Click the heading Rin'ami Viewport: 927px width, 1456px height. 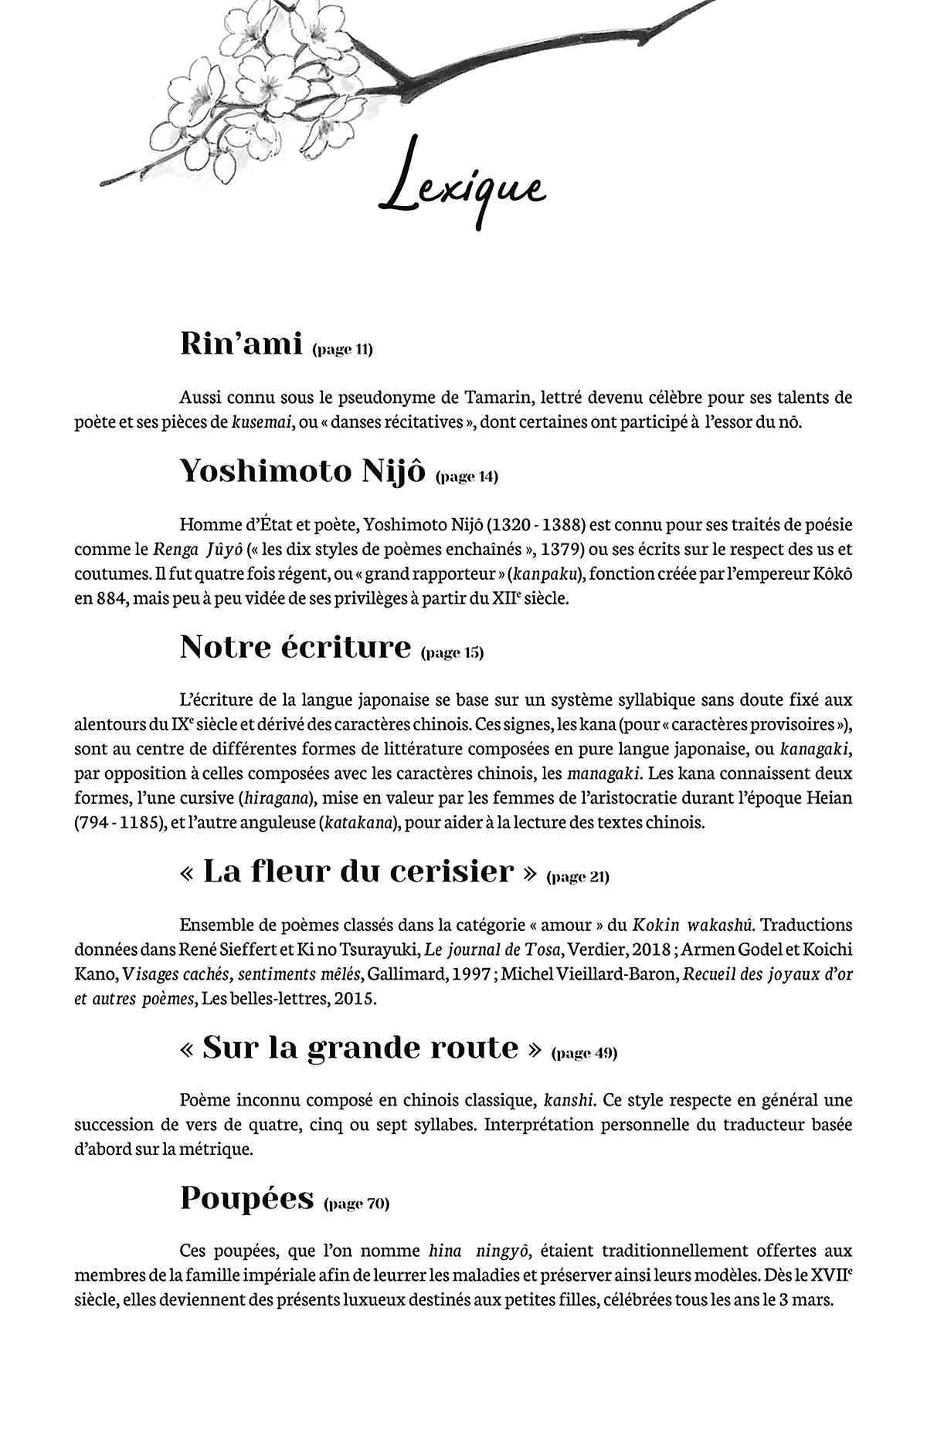point(240,344)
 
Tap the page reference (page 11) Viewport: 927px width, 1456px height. point(342,350)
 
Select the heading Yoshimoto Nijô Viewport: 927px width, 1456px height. point(302,470)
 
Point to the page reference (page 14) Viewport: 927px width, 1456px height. point(467,476)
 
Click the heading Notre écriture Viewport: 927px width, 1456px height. point(295,646)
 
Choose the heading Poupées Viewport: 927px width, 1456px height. point(246,1197)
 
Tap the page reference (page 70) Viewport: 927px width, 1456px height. point(357,1204)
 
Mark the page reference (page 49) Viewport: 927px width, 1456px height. point(584,1053)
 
